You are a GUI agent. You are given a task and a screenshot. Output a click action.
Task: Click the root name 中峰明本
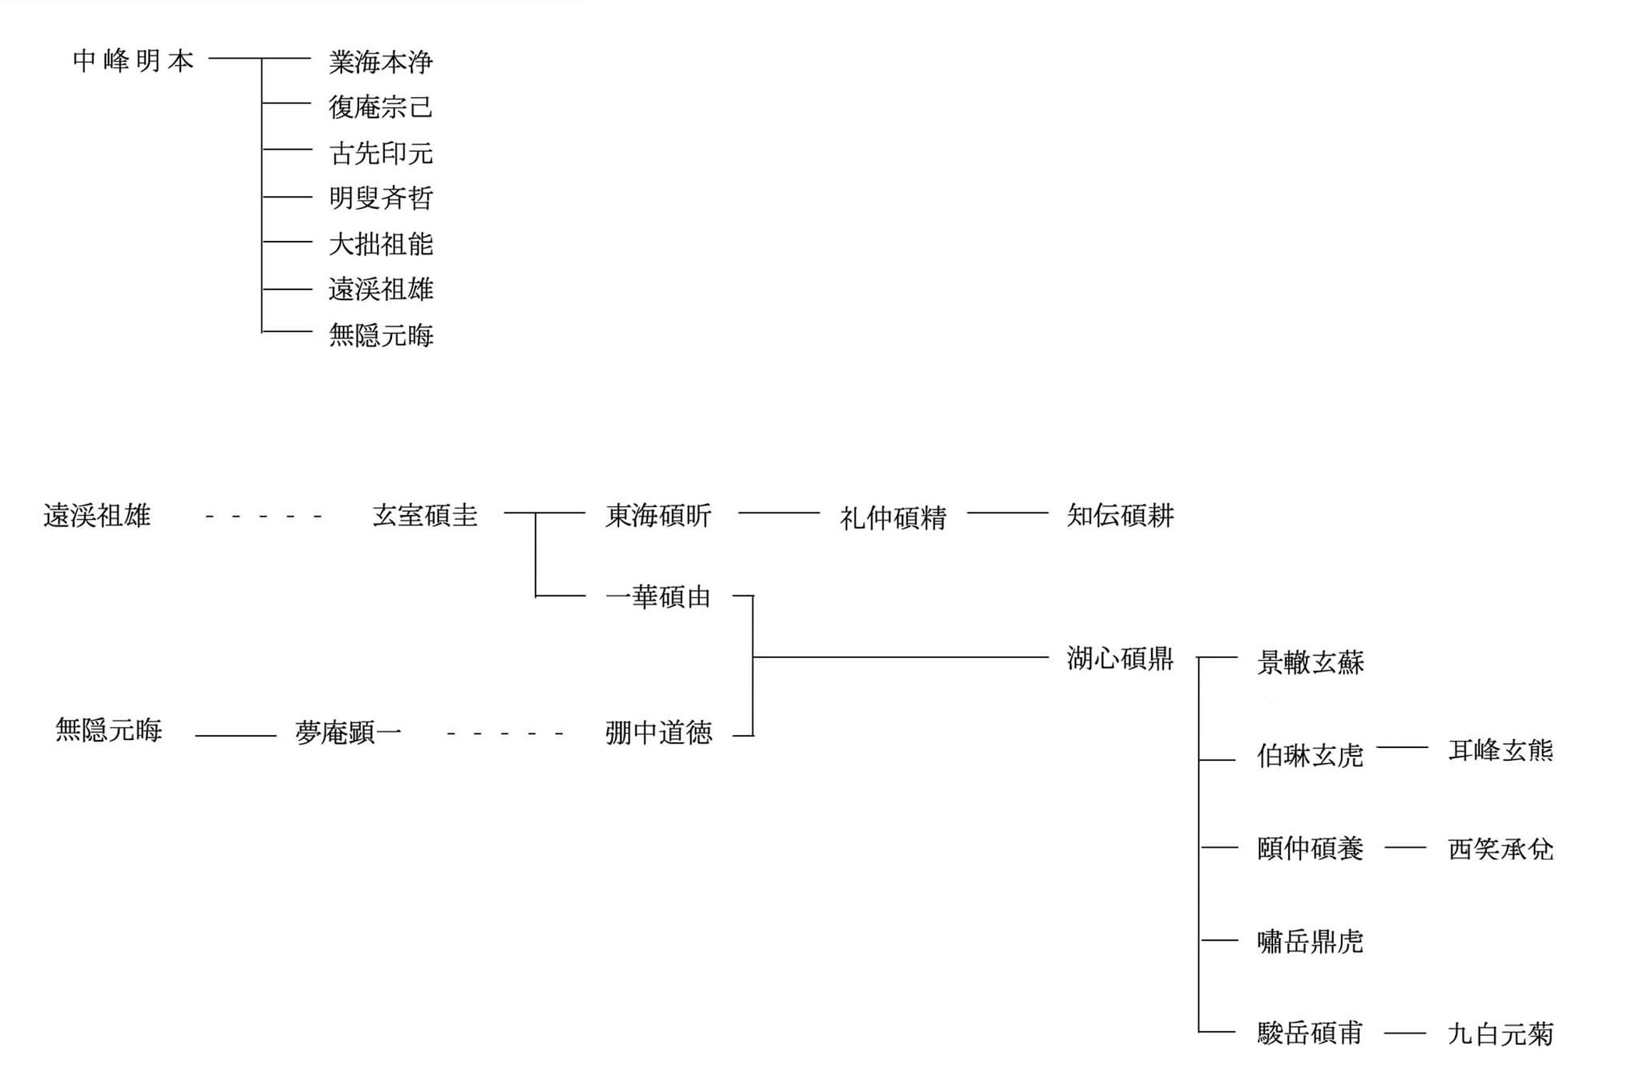coord(133,61)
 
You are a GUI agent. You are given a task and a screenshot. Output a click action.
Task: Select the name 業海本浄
coord(381,62)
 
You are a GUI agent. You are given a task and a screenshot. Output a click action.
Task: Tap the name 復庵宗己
coord(381,107)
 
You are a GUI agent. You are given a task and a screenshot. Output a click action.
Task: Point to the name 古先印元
coord(381,153)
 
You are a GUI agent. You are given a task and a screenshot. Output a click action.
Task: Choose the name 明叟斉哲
coord(381,198)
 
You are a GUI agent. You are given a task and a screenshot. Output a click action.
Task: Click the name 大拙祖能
coord(381,244)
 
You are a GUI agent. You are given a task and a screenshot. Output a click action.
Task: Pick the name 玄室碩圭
coord(425,515)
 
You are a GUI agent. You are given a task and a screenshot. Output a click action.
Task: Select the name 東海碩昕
coord(658,515)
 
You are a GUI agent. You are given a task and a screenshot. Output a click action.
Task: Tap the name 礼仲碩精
coord(892,518)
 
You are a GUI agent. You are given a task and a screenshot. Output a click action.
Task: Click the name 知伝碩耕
coord(1120,515)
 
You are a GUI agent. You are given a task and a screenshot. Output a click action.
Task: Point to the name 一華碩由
coord(658,596)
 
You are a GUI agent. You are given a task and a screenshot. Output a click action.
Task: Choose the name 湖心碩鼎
coord(1120,658)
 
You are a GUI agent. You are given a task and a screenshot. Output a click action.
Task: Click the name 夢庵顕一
coord(349,732)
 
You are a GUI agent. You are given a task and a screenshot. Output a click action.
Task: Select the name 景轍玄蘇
coord(1310,662)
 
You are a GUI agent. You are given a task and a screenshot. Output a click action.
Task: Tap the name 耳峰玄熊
coord(1500,750)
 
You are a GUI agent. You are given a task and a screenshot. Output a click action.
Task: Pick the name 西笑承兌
coord(1500,849)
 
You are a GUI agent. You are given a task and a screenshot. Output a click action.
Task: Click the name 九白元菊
coord(1500,1033)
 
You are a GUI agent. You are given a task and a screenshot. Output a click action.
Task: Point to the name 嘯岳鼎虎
coord(1310,942)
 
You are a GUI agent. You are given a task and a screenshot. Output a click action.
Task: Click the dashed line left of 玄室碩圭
coord(263,516)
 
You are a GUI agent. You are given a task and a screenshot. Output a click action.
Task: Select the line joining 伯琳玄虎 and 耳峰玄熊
coord(1402,747)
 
